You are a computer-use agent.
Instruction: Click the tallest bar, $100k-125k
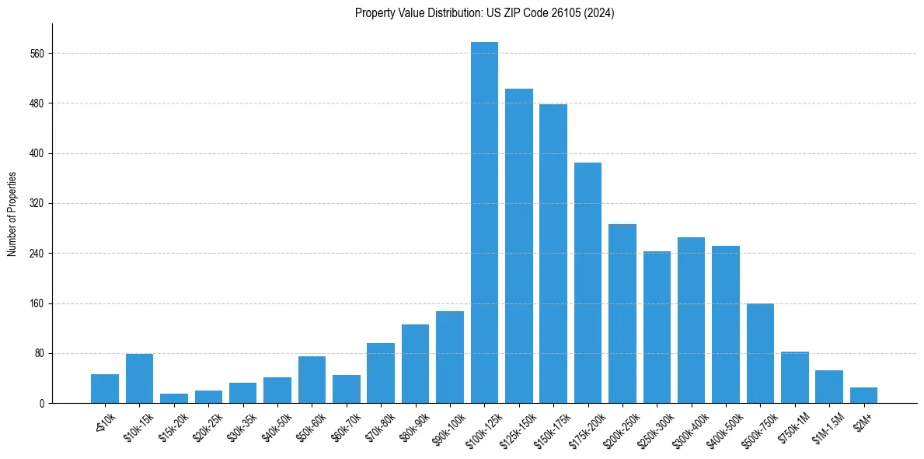(484, 222)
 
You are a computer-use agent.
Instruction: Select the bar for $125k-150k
(518, 246)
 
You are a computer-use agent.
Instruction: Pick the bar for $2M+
(863, 395)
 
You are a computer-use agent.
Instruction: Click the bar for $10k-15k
(139, 378)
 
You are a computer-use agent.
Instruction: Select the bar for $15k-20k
(174, 398)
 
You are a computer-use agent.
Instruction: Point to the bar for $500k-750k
(760, 353)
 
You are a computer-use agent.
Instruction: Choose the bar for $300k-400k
(691, 320)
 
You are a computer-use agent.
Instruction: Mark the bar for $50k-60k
(312, 380)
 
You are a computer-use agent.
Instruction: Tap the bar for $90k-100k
(450, 357)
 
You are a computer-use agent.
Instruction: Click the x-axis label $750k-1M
(793, 426)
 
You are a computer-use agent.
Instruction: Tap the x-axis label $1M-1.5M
(825, 427)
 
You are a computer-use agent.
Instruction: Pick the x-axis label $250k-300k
(654, 427)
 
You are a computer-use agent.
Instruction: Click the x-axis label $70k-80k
(379, 426)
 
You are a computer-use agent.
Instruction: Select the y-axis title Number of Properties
(12, 214)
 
